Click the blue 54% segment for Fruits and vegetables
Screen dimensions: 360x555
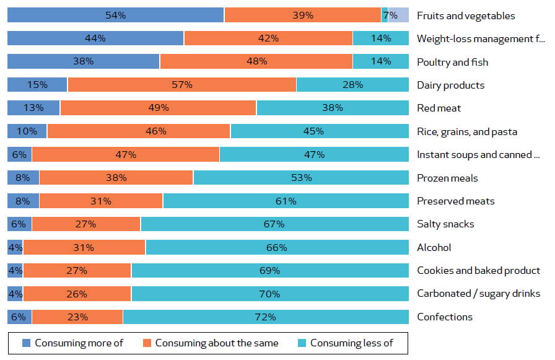coord(115,15)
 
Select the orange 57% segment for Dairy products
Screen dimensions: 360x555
coord(181,85)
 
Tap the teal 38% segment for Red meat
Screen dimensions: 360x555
coord(333,108)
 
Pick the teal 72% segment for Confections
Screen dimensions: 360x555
coord(266,317)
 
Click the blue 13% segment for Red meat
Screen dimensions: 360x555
coord(33,108)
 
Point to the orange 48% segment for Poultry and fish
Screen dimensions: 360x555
coord(256,61)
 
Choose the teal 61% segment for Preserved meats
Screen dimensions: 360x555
coord(286,201)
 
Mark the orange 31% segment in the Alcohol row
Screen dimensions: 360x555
coord(84,247)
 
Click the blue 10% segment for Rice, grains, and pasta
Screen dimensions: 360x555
coord(27,131)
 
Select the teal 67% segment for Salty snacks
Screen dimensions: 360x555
coord(274,224)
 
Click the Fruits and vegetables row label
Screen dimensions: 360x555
coord(466,15)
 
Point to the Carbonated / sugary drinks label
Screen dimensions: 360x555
coord(478,294)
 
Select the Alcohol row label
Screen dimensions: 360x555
coord(434,247)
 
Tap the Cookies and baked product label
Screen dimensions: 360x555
coord(478,270)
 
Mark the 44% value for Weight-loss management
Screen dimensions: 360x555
coord(95,38)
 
